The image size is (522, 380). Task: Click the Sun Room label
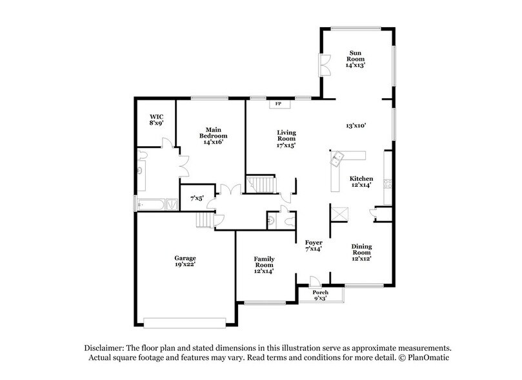click(x=355, y=59)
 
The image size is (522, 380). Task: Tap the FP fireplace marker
click(x=279, y=104)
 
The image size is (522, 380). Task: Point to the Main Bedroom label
click(x=213, y=135)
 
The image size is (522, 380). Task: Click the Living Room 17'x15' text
click(x=286, y=138)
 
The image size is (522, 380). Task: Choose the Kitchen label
click(x=361, y=182)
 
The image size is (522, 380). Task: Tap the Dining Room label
click(x=361, y=252)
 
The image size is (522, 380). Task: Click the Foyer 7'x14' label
click(x=314, y=246)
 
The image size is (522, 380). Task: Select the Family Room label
click(x=264, y=264)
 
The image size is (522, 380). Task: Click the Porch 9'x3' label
click(x=321, y=295)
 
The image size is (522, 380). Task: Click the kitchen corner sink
click(x=337, y=158)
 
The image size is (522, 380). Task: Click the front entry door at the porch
click(x=314, y=282)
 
